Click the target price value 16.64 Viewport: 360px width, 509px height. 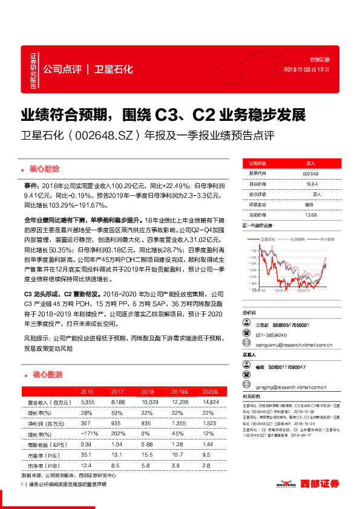point(312,184)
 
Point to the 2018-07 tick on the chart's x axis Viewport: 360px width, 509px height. point(282,290)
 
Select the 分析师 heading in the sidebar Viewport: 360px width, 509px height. point(249,314)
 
